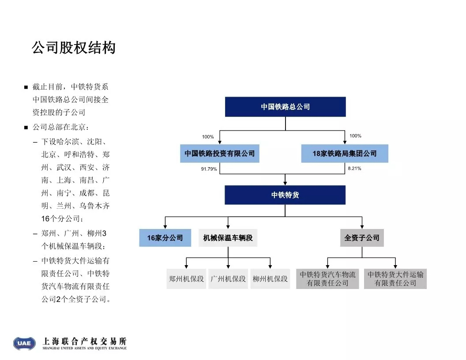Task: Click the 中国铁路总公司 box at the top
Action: [x=286, y=107]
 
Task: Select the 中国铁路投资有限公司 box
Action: [x=220, y=153]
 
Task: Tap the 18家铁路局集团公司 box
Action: [x=345, y=153]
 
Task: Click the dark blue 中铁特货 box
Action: [x=285, y=195]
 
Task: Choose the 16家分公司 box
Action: [x=165, y=238]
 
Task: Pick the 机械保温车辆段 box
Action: [x=228, y=238]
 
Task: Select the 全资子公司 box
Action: [x=362, y=238]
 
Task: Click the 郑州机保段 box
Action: [x=186, y=279]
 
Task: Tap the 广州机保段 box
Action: [x=228, y=279]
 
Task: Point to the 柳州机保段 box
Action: [x=270, y=279]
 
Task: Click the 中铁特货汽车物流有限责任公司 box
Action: [x=327, y=279]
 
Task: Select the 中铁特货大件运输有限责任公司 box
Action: [x=395, y=279]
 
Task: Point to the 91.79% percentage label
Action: [x=209, y=169]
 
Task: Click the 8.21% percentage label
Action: [x=354, y=169]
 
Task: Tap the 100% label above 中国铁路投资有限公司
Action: [x=208, y=137]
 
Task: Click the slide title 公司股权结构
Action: [x=74, y=48]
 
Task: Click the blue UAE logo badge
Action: [x=24, y=343]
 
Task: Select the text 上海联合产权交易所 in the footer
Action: [x=85, y=341]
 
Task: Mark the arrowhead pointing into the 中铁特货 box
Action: [x=285, y=184]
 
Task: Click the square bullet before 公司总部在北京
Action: [x=26, y=128]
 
